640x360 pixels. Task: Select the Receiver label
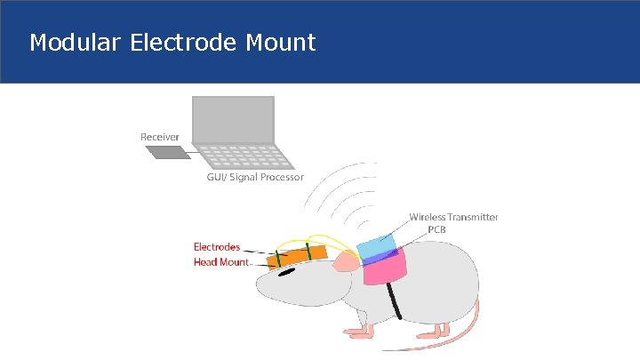tap(160, 137)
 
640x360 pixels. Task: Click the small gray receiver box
tap(167, 152)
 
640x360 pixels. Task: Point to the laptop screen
tap(232, 116)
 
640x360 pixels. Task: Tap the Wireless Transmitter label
tap(453, 217)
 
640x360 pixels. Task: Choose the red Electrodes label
tap(217, 246)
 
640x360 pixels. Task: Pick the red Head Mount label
tap(221, 262)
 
